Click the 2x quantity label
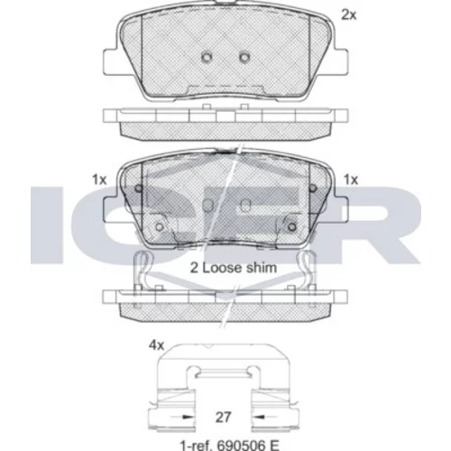pyautogui.click(x=349, y=14)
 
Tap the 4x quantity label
pyautogui.click(x=156, y=345)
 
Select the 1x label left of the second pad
pyautogui.click(x=99, y=179)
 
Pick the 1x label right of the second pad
pyautogui.click(x=351, y=179)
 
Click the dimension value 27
pyautogui.click(x=223, y=417)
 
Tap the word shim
pyautogui.click(x=262, y=268)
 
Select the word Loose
pyautogui.click(x=223, y=268)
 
